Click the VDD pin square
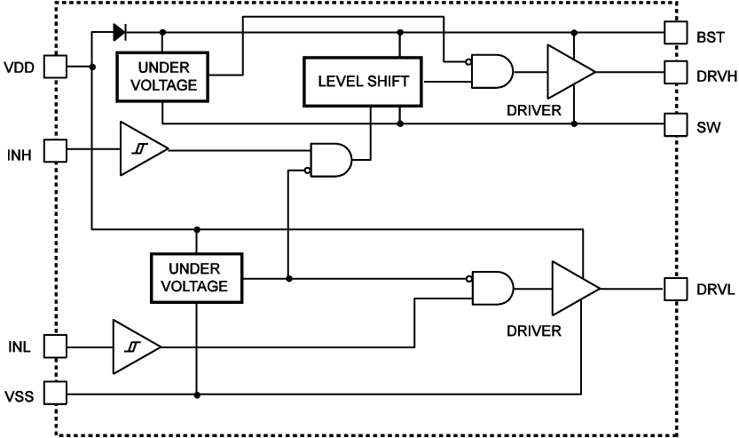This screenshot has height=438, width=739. click(57, 67)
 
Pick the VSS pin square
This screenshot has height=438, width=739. click(57, 393)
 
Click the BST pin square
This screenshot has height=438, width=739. click(676, 34)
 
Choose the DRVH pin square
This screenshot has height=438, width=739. click(676, 72)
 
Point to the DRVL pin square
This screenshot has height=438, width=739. click(676, 289)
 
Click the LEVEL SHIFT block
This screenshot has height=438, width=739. click(363, 82)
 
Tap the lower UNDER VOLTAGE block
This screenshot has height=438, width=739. click(197, 277)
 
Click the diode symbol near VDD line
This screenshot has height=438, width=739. click(120, 34)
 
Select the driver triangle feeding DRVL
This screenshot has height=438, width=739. click(573, 289)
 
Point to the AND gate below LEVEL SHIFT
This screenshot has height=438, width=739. click(330, 159)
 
